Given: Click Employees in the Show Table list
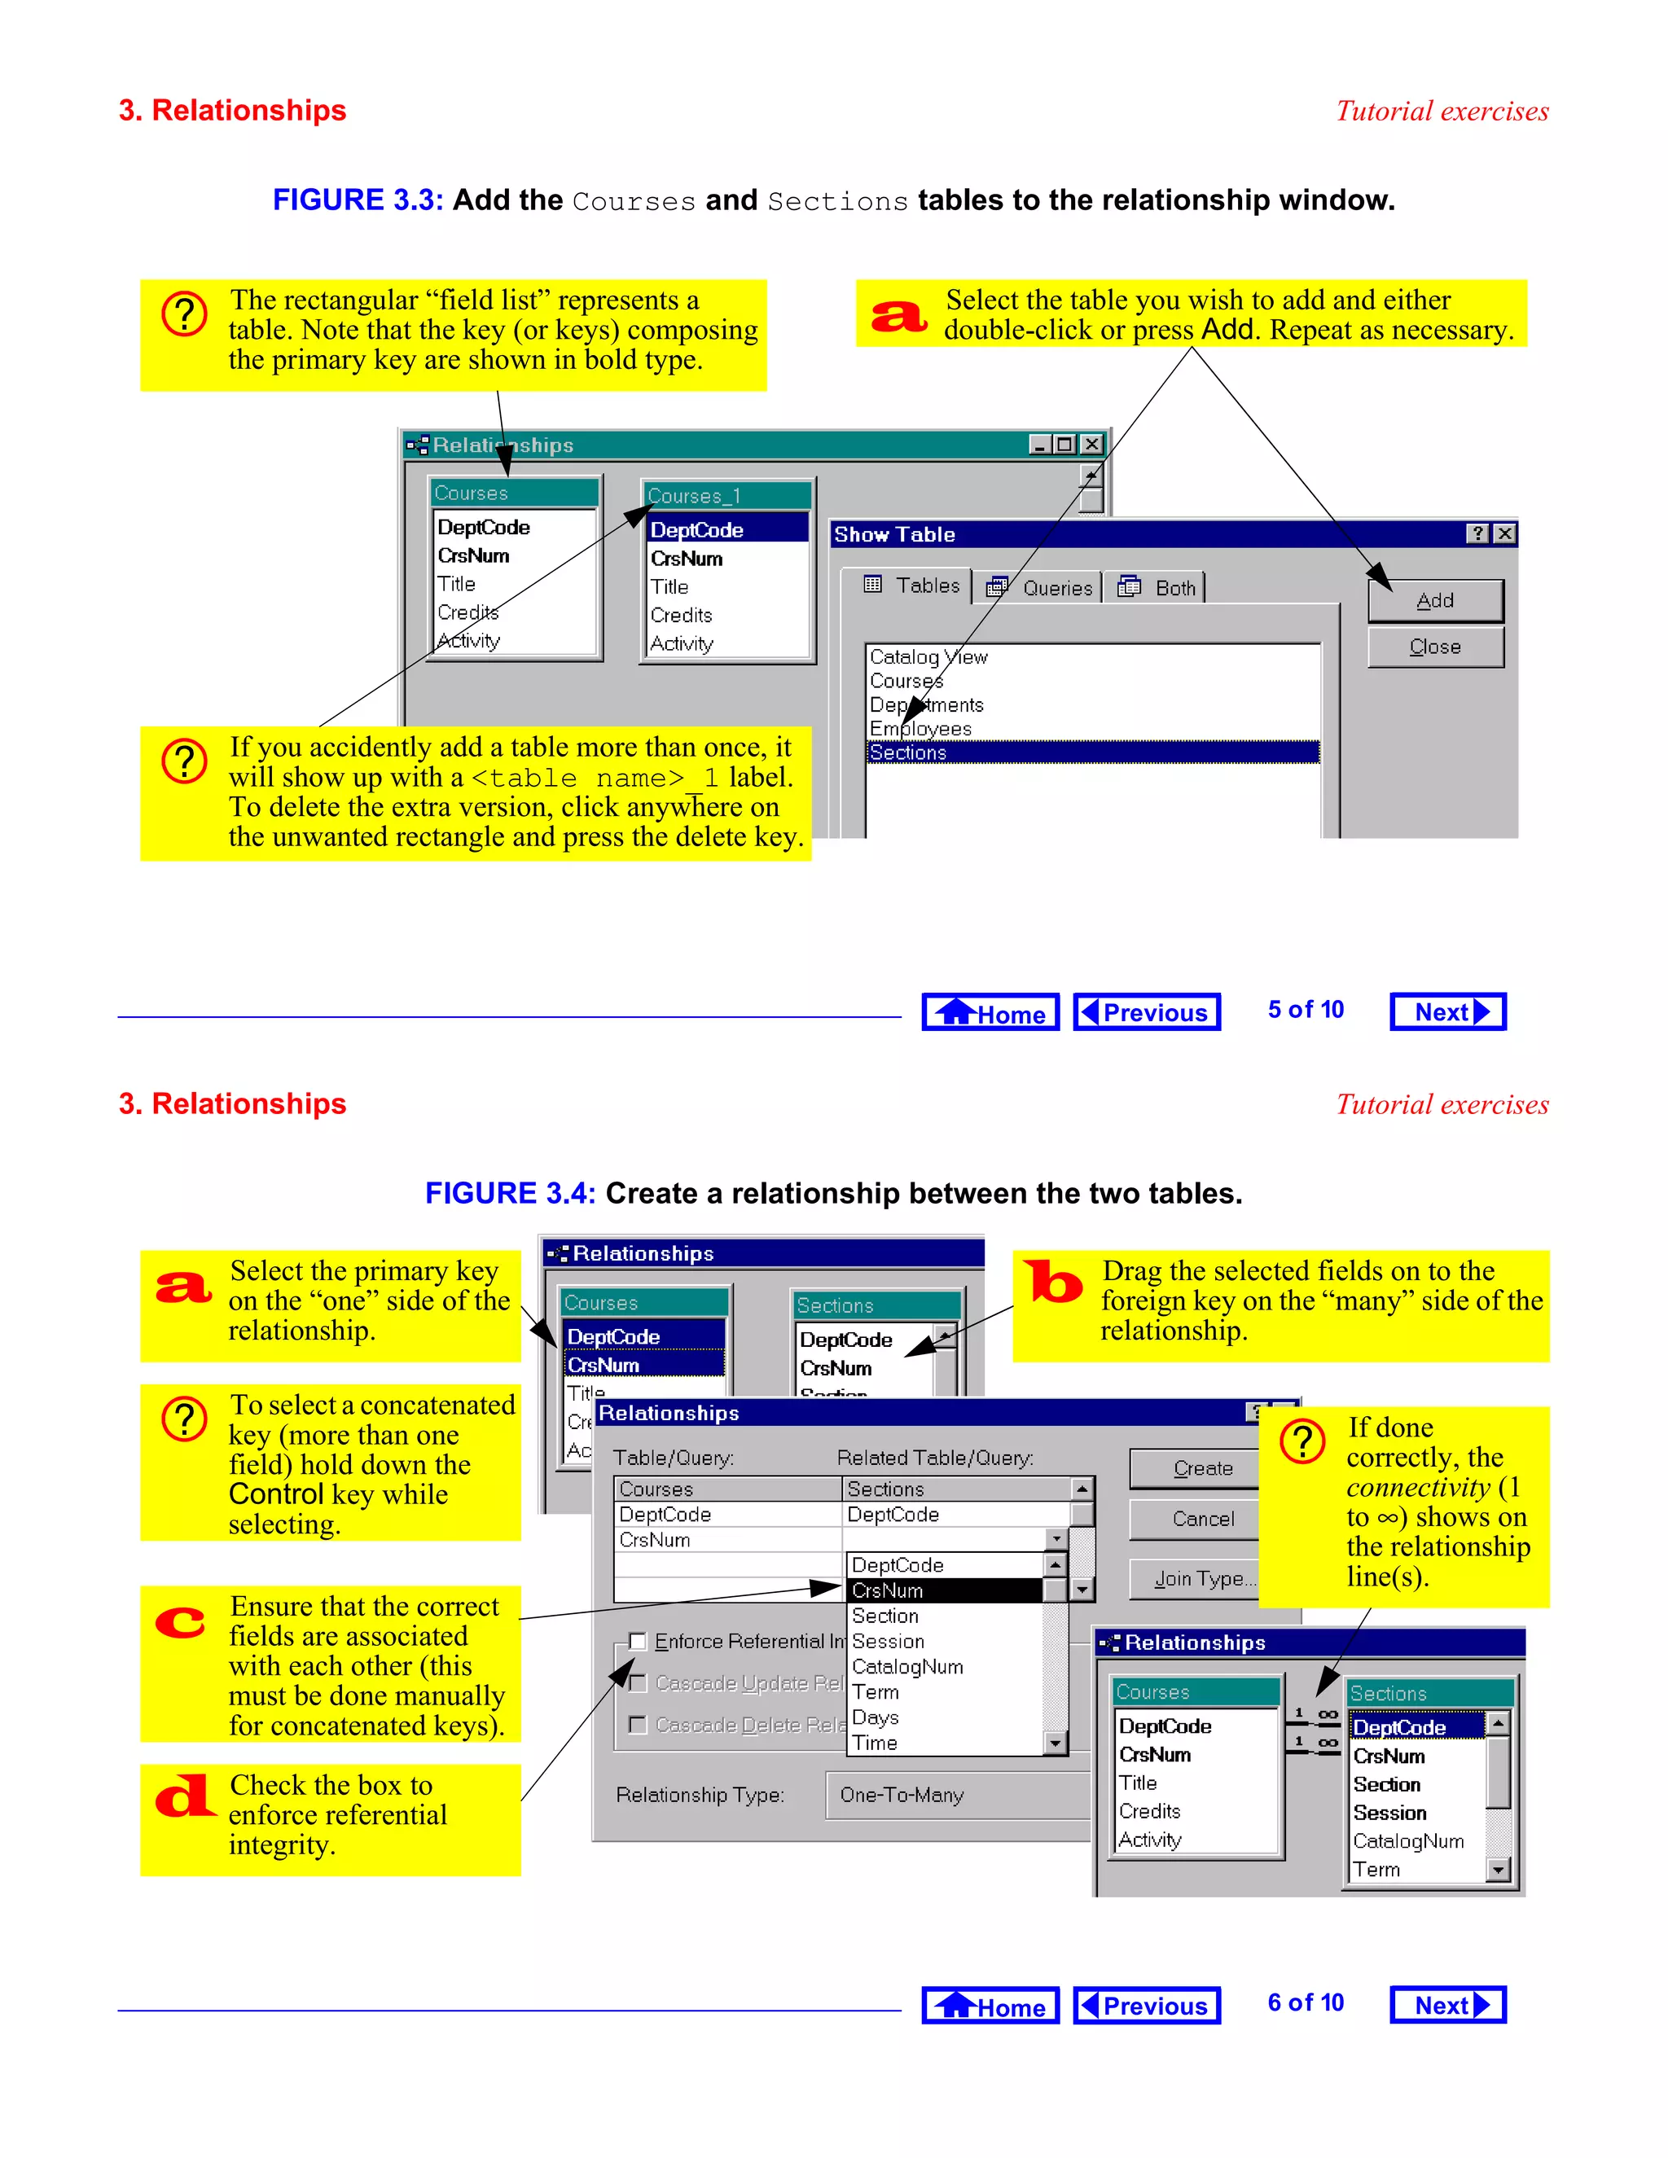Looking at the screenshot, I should coord(920,728).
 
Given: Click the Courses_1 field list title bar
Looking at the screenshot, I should coord(726,495).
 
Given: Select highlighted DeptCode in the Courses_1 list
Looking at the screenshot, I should coord(726,529).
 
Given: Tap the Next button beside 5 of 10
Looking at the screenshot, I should coord(1446,1011).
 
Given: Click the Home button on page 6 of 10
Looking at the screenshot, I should coord(990,2006).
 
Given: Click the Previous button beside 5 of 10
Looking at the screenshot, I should coord(1146,1011).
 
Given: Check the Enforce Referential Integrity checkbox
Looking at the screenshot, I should coord(639,1641).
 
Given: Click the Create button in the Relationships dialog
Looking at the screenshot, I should coord(1201,1468).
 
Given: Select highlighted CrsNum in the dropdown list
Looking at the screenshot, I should coord(945,1590).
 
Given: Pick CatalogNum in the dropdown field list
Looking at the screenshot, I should coord(906,1666).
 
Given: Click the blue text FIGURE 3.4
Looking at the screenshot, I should coord(510,1194).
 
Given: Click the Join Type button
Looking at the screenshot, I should coord(1201,1579).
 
